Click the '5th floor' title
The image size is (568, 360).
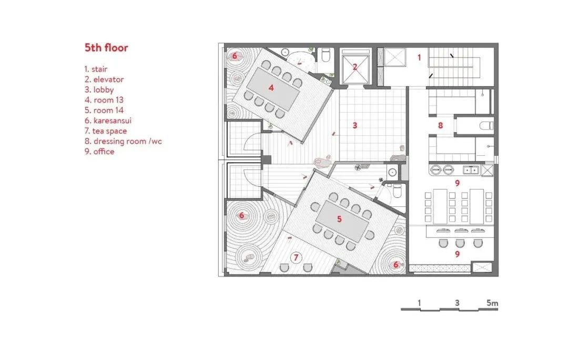pos(106,48)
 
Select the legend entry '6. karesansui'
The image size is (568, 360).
pos(108,121)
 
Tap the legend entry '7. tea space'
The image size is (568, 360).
pos(105,131)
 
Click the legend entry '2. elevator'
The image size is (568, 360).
pos(104,79)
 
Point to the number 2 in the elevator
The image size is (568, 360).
pos(355,67)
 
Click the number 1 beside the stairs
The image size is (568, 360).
pos(419,57)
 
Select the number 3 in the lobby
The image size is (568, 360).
pos(355,125)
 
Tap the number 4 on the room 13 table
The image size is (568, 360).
pos(271,88)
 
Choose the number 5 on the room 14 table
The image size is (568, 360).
pos(339,218)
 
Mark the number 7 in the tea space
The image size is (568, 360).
pos(296,257)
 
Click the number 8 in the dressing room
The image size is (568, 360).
pos(441,125)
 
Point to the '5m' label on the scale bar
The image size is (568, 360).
pos(492,303)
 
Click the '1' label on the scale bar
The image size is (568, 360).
pos(419,303)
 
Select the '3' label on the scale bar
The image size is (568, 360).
pos(458,303)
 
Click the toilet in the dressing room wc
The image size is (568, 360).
pos(486,125)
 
